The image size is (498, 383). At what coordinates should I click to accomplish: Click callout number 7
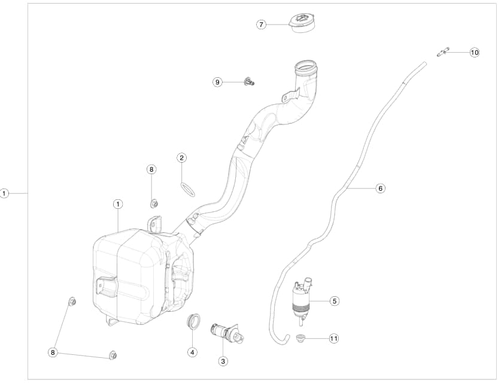tap(261, 25)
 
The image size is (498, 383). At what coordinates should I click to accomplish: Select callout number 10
tap(475, 52)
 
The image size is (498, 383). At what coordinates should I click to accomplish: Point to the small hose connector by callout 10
tap(444, 53)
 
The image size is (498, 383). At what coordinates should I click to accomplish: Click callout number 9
tap(217, 82)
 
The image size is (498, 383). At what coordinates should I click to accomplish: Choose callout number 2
tap(181, 158)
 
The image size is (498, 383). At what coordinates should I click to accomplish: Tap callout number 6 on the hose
tap(380, 188)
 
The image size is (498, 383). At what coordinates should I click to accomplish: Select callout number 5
tap(335, 301)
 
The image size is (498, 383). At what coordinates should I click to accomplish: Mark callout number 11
tap(334, 339)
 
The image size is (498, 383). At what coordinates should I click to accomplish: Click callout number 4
tap(192, 352)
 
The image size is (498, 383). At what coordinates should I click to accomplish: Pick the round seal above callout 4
tap(193, 320)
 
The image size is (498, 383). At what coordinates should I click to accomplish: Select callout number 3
tap(223, 361)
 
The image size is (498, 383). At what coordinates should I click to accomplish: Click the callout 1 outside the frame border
tap(5, 193)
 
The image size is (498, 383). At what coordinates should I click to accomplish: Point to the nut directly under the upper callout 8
tap(153, 203)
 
